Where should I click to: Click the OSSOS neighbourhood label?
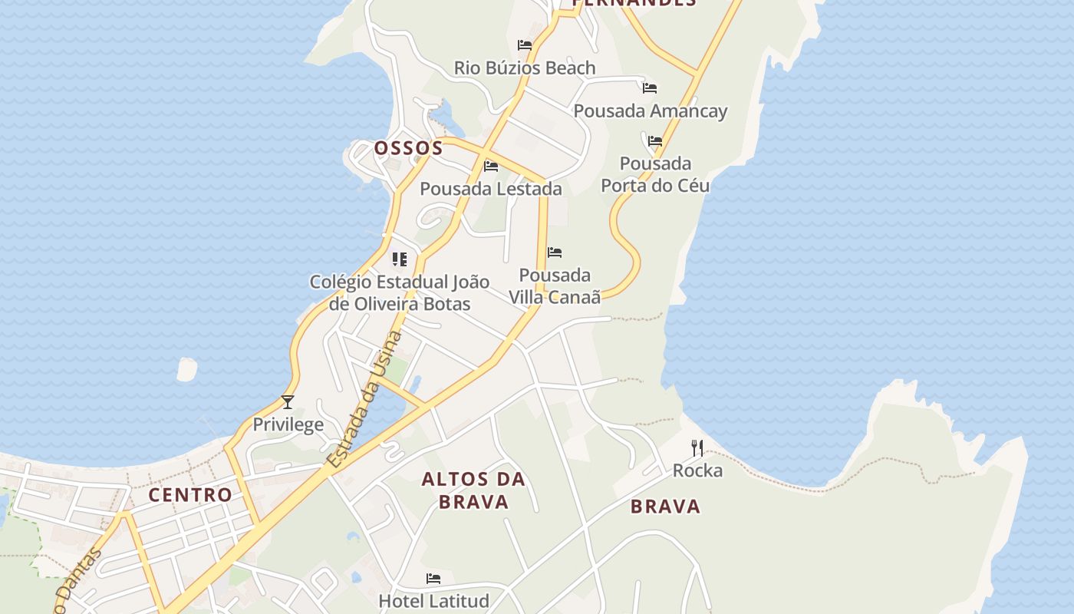(408, 147)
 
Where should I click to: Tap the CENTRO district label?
(190, 494)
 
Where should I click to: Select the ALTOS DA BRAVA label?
(473, 490)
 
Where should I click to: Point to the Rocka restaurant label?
(697, 470)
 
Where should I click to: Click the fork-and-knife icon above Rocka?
(697, 447)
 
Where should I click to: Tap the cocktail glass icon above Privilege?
(288, 401)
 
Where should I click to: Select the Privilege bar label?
(288, 424)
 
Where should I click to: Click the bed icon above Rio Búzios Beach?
(525, 45)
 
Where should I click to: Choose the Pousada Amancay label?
(651, 111)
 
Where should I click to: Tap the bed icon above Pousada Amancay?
(650, 87)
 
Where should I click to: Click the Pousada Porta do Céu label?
(655, 174)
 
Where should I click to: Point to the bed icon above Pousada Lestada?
(491, 166)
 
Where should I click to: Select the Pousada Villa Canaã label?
(555, 286)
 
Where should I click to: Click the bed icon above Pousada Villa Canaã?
(555, 253)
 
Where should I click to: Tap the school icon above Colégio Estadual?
(399, 259)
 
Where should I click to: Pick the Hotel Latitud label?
(433, 600)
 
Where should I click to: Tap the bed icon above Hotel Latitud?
(433, 578)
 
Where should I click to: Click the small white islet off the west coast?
(186, 369)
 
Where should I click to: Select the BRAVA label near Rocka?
(666, 506)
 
